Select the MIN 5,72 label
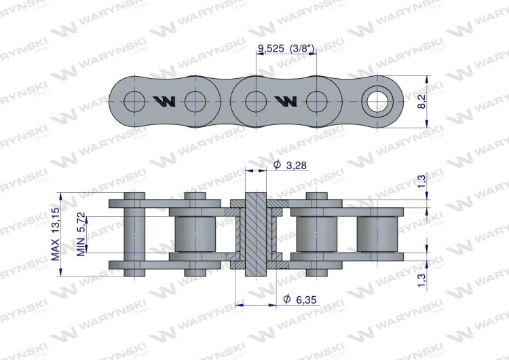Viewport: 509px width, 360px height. click(x=81, y=234)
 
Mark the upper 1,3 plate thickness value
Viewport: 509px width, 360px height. click(x=421, y=181)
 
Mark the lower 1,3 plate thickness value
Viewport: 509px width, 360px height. click(x=421, y=279)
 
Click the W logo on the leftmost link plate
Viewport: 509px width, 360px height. click(x=165, y=101)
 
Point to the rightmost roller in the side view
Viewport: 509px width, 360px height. click(x=376, y=234)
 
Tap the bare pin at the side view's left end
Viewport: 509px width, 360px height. click(x=135, y=234)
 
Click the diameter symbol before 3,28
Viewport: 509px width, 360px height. click(x=277, y=165)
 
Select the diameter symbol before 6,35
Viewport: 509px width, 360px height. click(x=286, y=298)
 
